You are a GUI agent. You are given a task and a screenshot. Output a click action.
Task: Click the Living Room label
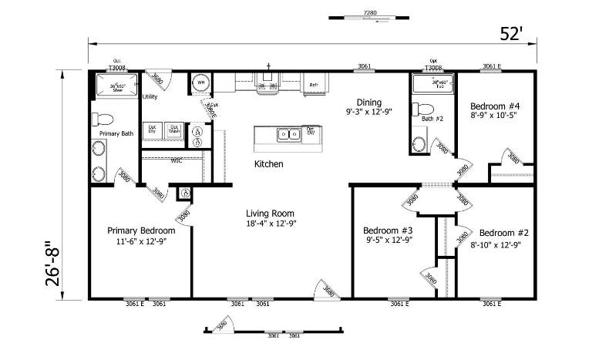click(270, 214)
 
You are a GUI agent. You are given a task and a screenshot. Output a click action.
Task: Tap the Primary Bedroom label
click(141, 230)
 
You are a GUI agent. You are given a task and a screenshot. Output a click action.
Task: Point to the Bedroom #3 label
click(388, 230)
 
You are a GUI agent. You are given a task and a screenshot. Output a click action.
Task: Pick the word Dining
click(368, 102)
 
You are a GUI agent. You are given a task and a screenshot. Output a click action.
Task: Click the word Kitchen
click(268, 164)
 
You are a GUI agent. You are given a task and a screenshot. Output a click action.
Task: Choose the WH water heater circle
click(200, 82)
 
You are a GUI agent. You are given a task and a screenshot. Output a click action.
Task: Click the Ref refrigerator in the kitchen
click(315, 85)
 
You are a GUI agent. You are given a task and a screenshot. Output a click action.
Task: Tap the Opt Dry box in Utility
click(152, 129)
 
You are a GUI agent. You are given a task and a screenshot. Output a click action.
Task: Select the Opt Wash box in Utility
click(174, 129)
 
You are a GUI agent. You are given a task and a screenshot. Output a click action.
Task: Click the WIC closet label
click(176, 161)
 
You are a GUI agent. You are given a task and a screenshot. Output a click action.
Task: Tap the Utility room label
click(150, 96)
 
